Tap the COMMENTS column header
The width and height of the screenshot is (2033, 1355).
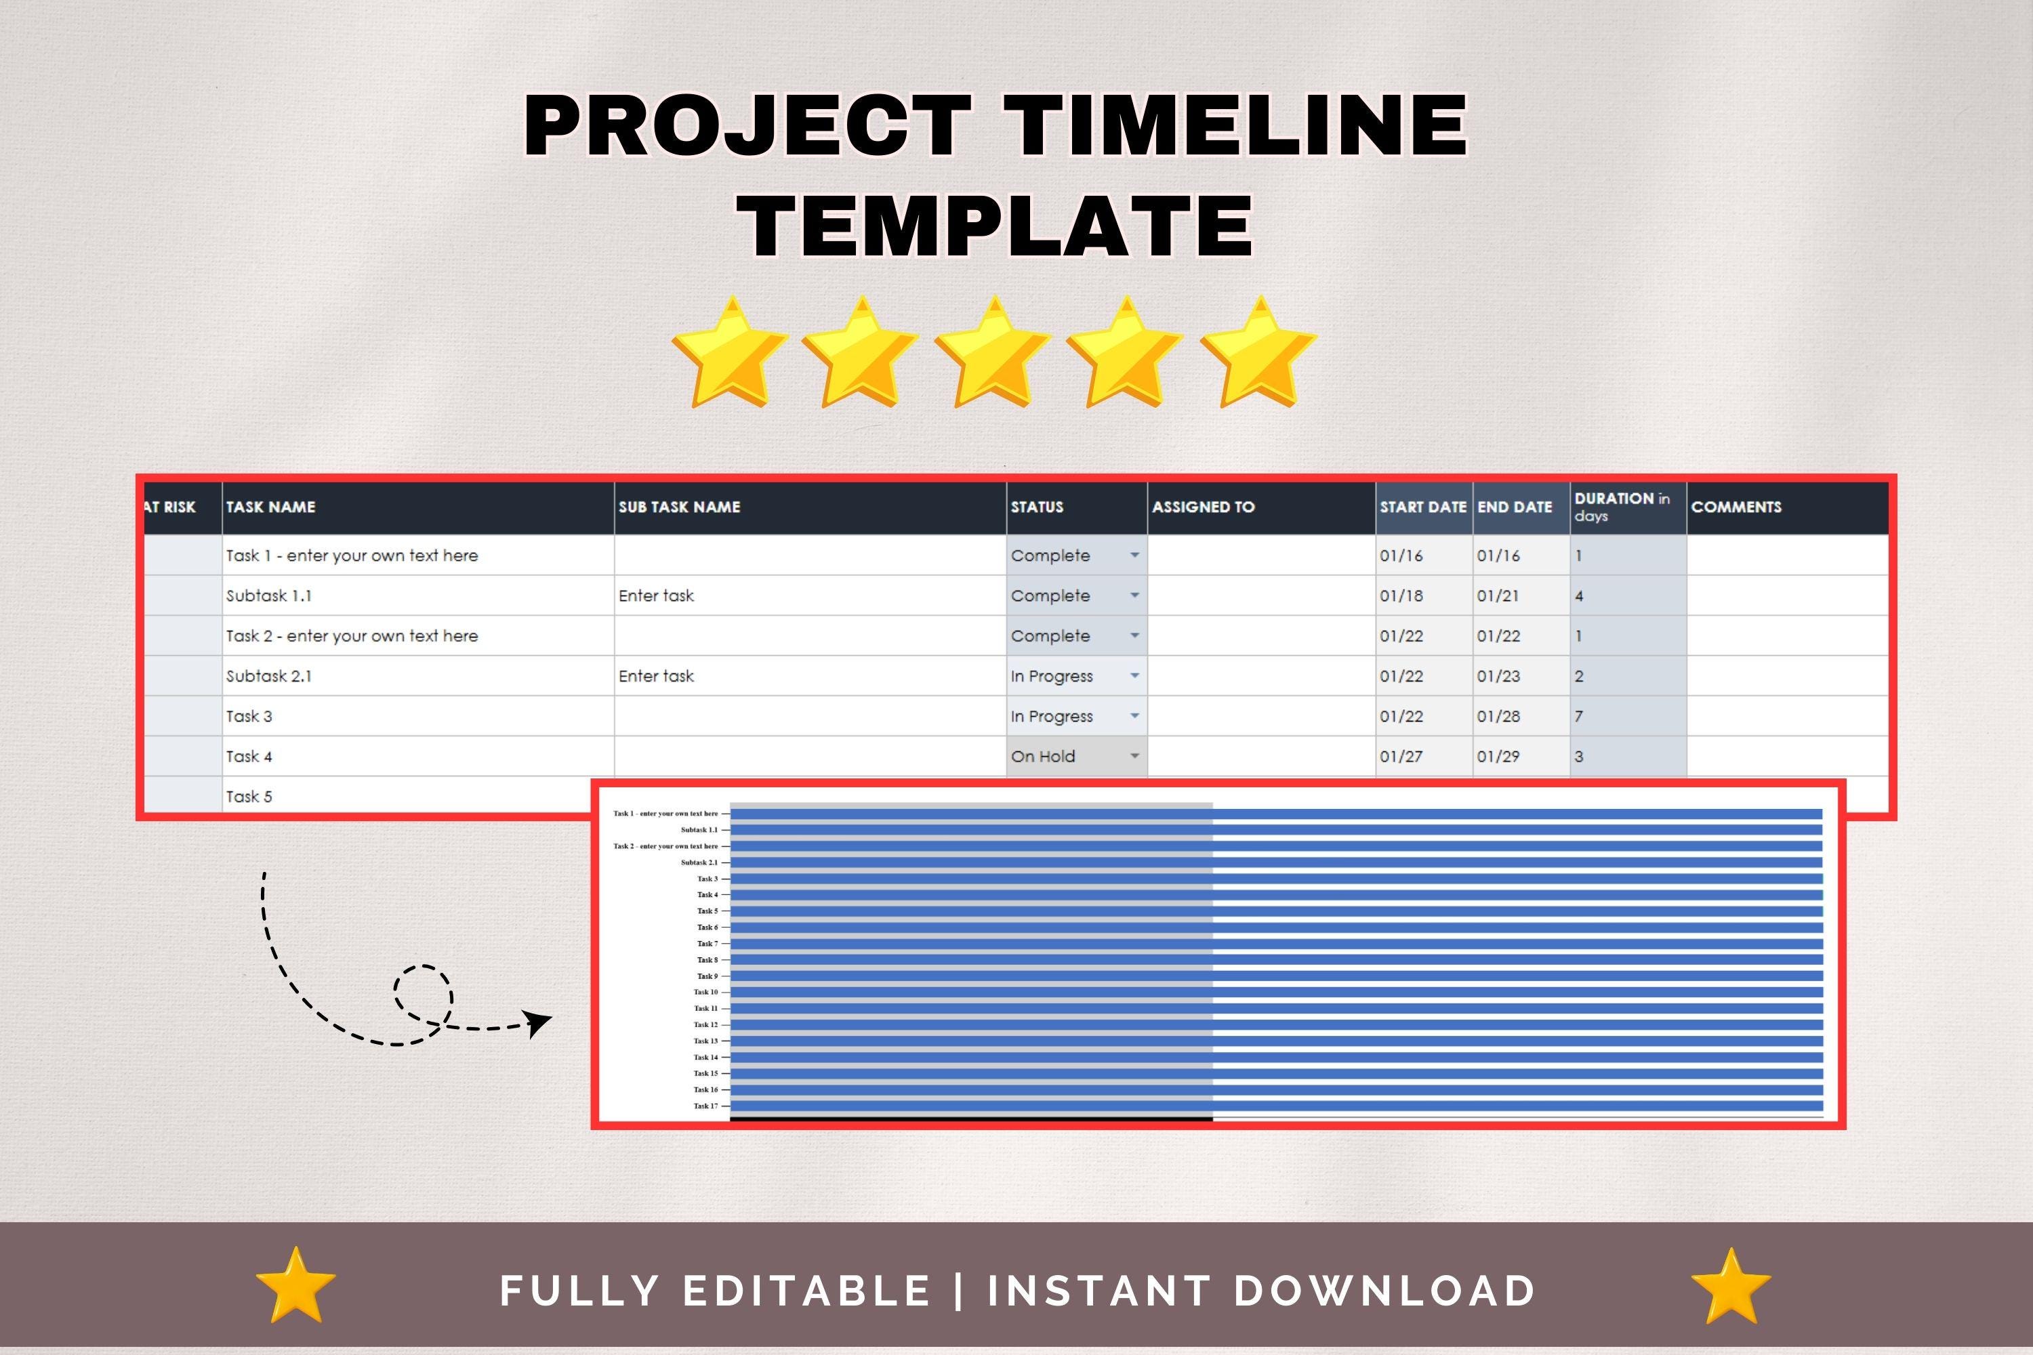pyautogui.click(x=1736, y=507)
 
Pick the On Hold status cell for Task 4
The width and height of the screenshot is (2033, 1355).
pyautogui.click(x=1044, y=757)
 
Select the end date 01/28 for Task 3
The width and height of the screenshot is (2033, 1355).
pyautogui.click(x=1498, y=716)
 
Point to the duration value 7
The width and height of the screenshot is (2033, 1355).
pyautogui.click(x=1579, y=716)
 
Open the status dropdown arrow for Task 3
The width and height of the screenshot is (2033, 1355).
pyautogui.click(x=1134, y=716)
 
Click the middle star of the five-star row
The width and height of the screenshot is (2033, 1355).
pyautogui.click(x=993, y=352)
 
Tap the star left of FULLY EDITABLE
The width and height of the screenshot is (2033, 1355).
pyautogui.click(x=295, y=1285)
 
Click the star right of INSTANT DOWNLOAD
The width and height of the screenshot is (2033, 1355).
pyautogui.click(x=1731, y=1285)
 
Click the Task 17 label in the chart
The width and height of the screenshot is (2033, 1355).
pyautogui.click(x=705, y=1106)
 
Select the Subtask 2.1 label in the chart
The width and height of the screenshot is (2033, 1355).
pyautogui.click(x=699, y=862)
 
